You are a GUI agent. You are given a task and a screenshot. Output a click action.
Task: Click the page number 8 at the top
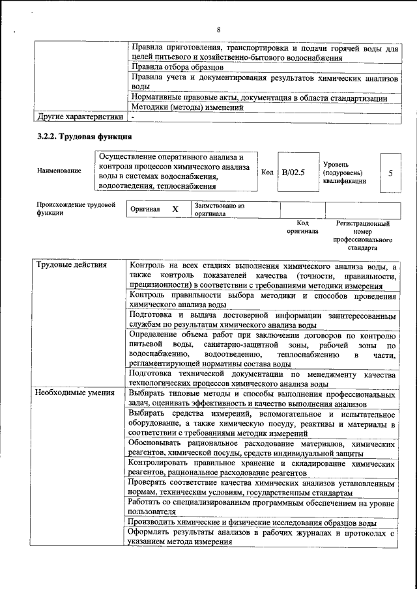tap(219, 30)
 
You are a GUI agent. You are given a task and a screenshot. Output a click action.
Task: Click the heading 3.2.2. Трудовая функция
tap(85, 137)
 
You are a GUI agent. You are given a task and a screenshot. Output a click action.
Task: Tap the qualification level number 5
tap(390, 172)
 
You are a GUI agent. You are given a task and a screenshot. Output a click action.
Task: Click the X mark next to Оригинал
tap(175, 210)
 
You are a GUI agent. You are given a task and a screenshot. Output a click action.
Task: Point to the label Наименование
tap(59, 171)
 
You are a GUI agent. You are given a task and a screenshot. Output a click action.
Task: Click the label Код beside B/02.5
tap(267, 172)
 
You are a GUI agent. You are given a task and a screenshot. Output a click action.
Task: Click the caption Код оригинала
tap(302, 227)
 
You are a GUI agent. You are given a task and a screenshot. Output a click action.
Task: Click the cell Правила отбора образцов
tap(177, 67)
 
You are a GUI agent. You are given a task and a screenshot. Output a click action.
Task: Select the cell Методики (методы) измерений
tap(188, 107)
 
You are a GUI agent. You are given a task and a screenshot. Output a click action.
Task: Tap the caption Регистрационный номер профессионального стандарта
tap(362, 236)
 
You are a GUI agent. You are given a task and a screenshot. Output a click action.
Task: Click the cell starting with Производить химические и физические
tap(252, 523)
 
